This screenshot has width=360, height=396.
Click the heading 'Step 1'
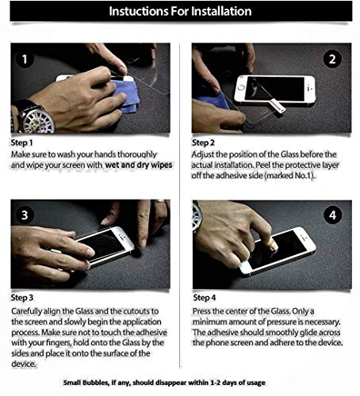22,143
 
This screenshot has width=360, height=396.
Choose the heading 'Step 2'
204,143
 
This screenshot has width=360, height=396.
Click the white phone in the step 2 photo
274,89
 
